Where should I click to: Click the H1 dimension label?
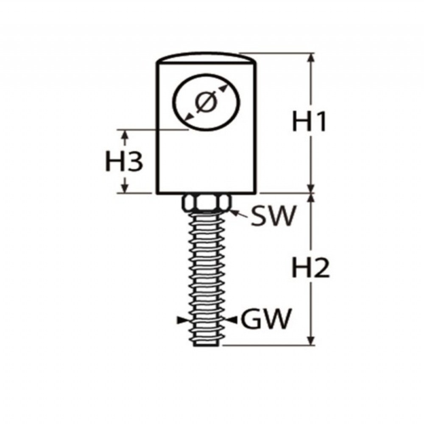[310, 122]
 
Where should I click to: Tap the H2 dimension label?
[311, 268]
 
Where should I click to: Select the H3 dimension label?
[124, 161]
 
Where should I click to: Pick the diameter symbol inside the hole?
[206, 102]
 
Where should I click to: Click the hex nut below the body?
[206, 203]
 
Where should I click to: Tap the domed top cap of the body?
[206, 58]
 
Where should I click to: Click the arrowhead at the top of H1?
[311, 58]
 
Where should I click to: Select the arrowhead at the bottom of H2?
[311, 340]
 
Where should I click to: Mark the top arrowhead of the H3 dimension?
[124, 134]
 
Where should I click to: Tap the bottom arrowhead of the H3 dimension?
[124, 188]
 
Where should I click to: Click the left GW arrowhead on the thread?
[182, 320]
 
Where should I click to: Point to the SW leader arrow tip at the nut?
[232, 211]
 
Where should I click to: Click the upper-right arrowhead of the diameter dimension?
[223, 87]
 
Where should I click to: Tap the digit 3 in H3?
[134, 161]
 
